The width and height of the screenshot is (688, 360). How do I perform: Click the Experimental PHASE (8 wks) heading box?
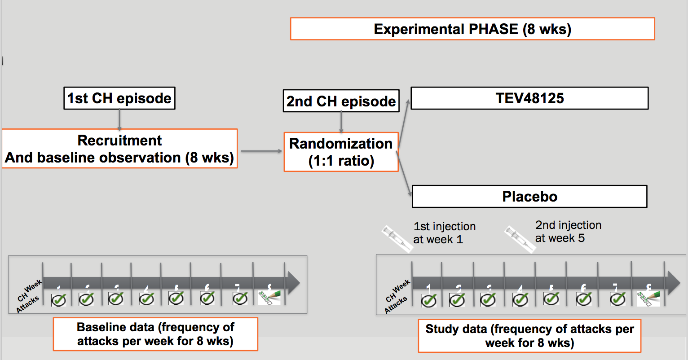(472, 29)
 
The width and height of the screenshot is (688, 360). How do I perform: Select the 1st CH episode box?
(119, 98)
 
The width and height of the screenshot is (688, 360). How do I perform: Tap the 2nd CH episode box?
(341, 101)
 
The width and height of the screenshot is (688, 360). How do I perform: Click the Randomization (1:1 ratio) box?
(341, 152)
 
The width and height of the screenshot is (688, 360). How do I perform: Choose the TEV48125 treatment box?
(529, 98)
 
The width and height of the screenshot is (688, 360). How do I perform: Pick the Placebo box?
(529, 197)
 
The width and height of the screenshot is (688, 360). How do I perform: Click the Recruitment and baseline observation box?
(119, 149)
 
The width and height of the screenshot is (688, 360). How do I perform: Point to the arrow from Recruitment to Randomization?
(261, 151)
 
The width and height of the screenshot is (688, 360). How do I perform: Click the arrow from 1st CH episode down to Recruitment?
(119, 119)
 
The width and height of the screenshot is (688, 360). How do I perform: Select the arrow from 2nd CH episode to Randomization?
(341, 122)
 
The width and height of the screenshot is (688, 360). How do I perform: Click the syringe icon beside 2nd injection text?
(519, 238)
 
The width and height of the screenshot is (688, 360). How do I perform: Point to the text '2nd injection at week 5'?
(568, 232)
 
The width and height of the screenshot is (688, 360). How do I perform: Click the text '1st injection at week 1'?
(444, 233)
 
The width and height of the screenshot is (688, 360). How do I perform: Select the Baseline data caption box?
(155, 334)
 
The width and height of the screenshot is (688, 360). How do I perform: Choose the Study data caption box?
(529, 336)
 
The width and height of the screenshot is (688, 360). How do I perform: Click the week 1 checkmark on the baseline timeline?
(59, 299)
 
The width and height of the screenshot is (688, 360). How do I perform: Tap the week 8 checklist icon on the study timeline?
(648, 299)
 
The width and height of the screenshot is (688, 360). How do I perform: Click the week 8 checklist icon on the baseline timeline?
(269, 298)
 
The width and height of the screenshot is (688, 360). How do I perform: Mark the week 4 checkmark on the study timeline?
(520, 299)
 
